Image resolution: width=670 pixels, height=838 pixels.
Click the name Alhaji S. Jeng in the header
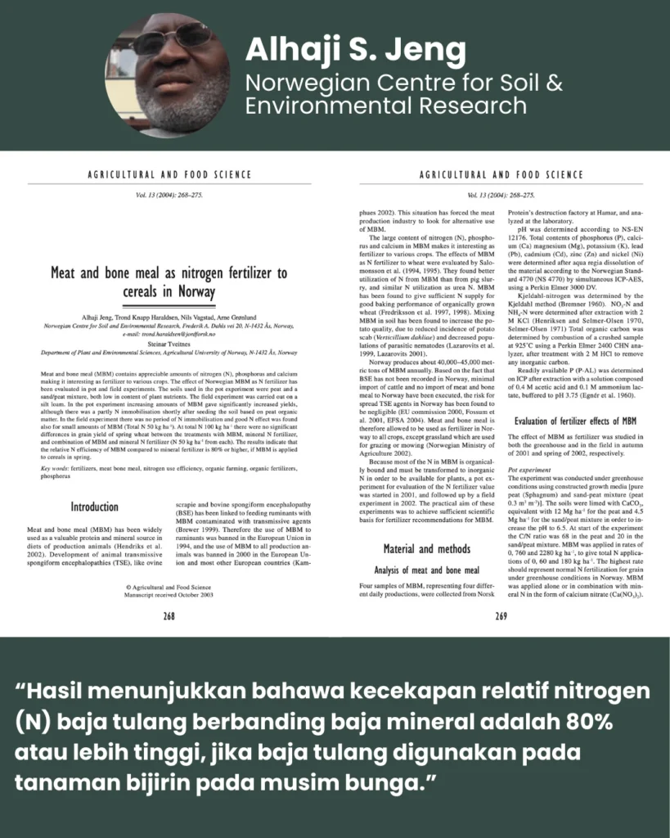[356, 51]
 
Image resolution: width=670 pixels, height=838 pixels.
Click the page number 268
[169, 615]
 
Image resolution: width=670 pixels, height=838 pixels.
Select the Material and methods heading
[427, 547]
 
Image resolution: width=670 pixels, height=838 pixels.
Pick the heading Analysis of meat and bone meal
[427, 570]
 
